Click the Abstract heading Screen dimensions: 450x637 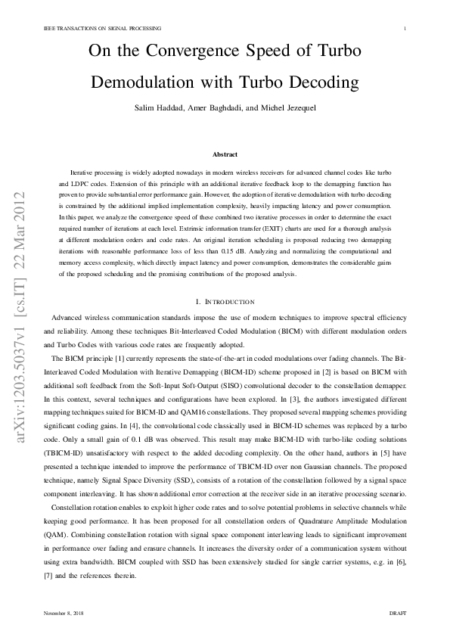click(x=225, y=154)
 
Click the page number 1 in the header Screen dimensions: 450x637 click(x=406, y=29)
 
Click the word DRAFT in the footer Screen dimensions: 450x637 click(x=398, y=611)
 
